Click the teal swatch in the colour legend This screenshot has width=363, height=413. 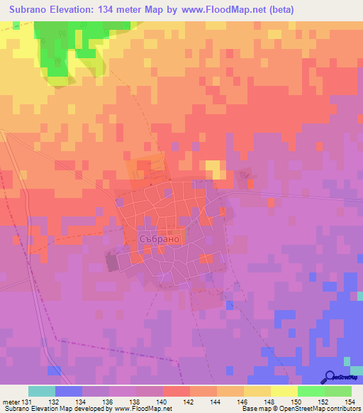[x=42, y=391]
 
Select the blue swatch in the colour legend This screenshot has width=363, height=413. [x=69, y=391]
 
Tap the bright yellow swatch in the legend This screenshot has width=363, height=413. [x=284, y=391]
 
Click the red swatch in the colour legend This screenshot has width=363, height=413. [x=177, y=391]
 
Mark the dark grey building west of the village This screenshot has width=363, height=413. [x=113, y=261]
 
